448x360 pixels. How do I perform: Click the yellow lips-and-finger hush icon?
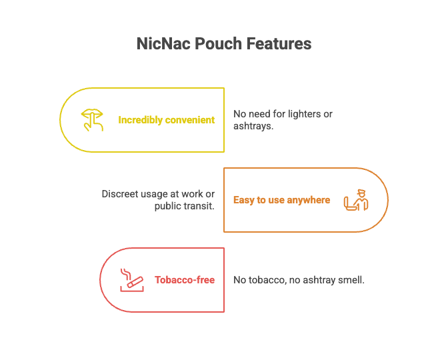tap(92, 120)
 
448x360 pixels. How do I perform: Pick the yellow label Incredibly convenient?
tap(166, 120)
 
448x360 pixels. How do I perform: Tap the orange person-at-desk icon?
tap(355, 200)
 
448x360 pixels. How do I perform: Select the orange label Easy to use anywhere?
tap(281, 200)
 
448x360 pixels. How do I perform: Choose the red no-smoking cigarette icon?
tap(130, 279)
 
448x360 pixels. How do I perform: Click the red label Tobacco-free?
tap(184, 280)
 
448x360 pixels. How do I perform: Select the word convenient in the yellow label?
tap(190, 120)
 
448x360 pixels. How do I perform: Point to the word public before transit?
tap(167, 206)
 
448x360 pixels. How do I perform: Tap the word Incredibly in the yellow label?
tap(140, 120)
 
